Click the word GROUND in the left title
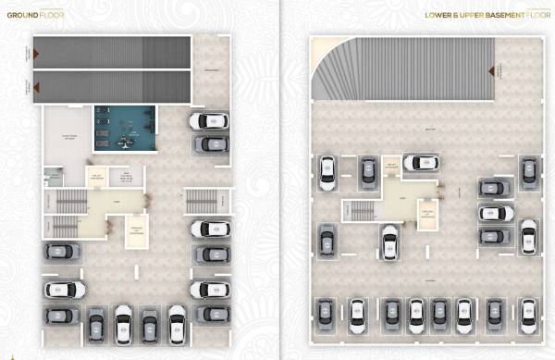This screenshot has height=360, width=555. point(18,15)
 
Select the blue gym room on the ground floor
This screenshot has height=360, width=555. point(125,128)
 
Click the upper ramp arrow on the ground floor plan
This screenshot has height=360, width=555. point(36,54)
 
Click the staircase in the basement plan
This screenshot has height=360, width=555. point(361,210)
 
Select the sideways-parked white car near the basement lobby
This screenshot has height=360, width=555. point(421,163)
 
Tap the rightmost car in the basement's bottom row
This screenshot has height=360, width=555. point(528,315)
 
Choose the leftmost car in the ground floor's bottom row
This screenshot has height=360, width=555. point(96,325)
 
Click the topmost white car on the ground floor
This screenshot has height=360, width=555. point(209,121)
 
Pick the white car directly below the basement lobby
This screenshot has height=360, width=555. point(389,242)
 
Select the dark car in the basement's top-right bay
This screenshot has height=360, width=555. point(528,171)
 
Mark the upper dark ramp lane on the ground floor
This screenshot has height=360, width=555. point(112,53)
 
